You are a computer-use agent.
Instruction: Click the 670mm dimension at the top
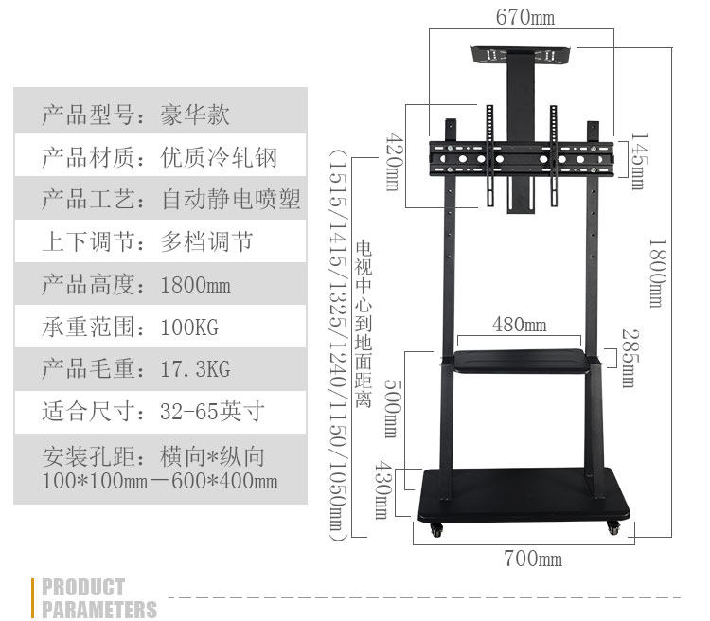pyautogui.click(x=525, y=18)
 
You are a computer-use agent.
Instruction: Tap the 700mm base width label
pyautogui.click(x=533, y=559)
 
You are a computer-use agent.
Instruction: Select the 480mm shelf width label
pyautogui.click(x=519, y=325)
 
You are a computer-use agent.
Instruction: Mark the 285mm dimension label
pyautogui.click(x=628, y=358)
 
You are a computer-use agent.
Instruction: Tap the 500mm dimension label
pyautogui.click(x=391, y=408)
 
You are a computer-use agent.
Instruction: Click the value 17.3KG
pyautogui.click(x=196, y=369)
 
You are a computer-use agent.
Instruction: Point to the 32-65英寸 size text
pyautogui.click(x=212, y=412)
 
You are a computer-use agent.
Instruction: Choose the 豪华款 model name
pyautogui.click(x=196, y=116)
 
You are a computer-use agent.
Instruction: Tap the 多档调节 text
pyautogui.click(x=207, y=242)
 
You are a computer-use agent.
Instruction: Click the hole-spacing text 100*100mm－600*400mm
pyautogui.click(x=160, y=481)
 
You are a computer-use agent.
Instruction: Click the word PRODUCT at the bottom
pyautogui.click(x=83, y=587)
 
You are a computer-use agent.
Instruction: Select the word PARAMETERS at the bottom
pyautogui.click(x=99, y=609)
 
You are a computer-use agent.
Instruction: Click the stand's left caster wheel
pyautogui.click(x=435, y=530)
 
